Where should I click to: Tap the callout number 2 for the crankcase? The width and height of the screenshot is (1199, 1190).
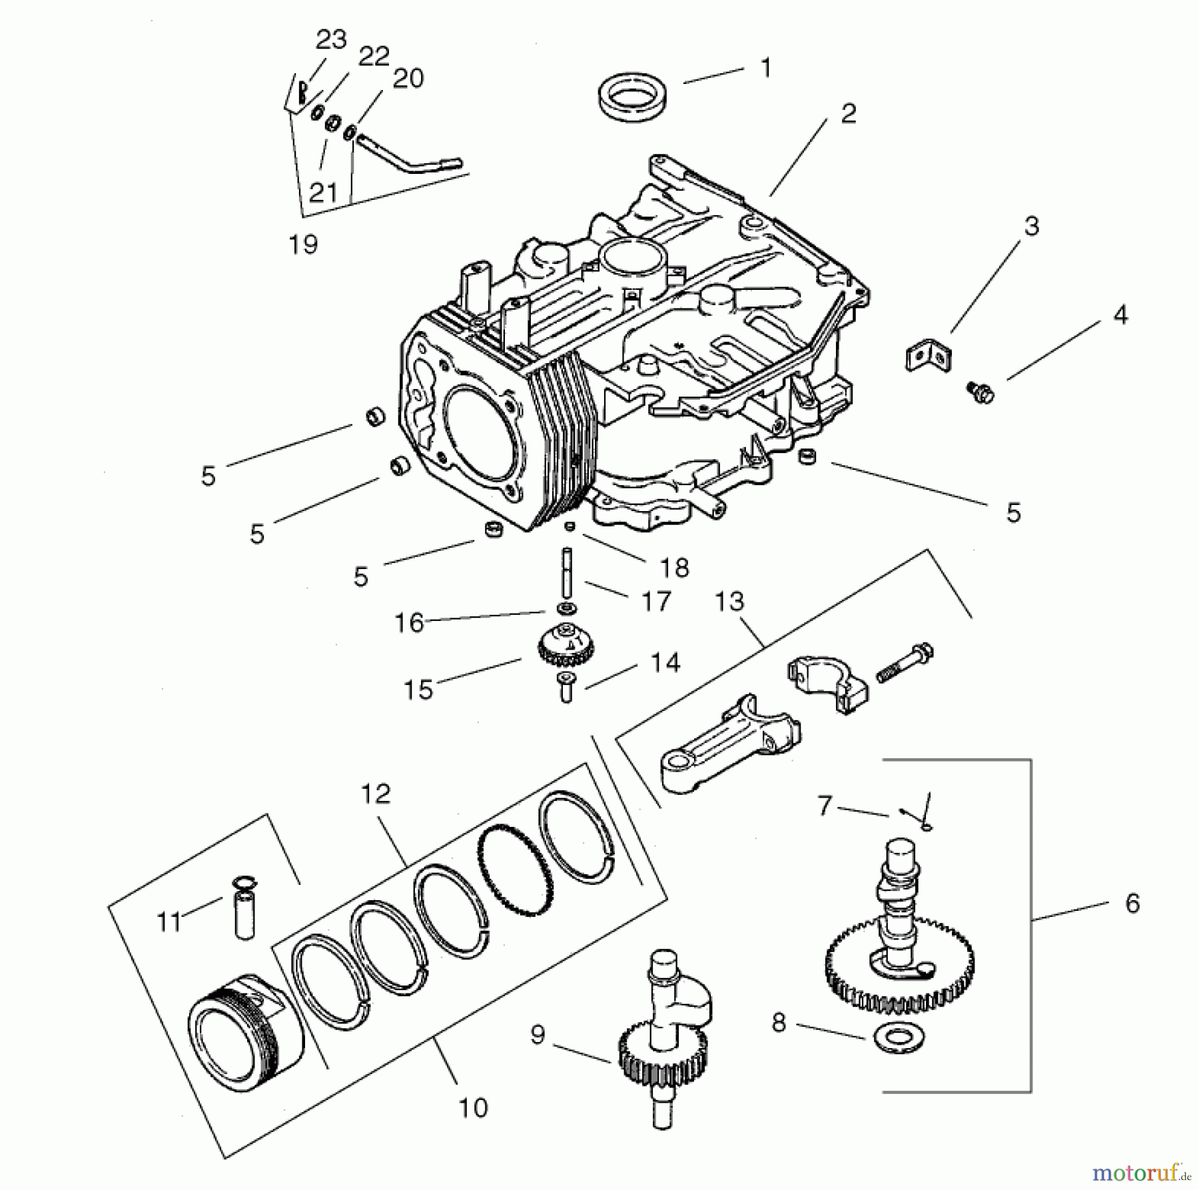[x=847, y=114]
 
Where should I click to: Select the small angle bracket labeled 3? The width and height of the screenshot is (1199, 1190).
[x=928, y=356]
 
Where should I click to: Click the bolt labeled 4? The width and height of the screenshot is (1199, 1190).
[x=980, y=391]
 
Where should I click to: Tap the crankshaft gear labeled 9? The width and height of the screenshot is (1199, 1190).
[x=663, y=1056]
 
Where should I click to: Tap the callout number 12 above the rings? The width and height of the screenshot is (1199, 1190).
[x=376, y=794]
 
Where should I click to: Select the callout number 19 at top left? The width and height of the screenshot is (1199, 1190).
[x=303, y=245]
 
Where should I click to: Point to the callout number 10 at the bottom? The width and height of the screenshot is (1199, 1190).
[x=473, y=1107]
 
